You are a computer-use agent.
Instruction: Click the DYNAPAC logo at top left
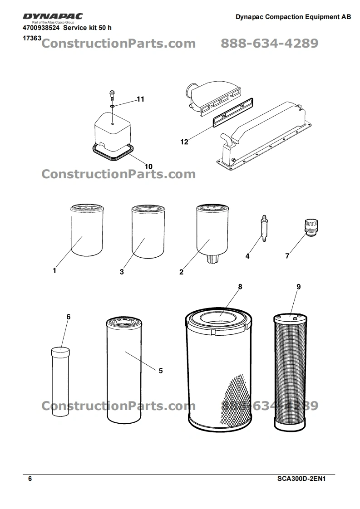[x=53, y=16]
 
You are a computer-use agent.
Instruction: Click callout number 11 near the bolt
[x=140, y=99]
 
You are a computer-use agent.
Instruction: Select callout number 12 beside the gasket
[x=184, y=142]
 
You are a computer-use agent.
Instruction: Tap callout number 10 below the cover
[x=148, y=166]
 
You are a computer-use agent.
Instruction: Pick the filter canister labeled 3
[x=148, y=231]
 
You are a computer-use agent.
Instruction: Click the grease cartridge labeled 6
[x=60, y=382]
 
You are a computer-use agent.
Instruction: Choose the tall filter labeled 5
[x=124, y=371]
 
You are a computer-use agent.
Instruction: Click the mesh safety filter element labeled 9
[x=290, y=372]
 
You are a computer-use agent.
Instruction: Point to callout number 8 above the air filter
[x=240, y=287]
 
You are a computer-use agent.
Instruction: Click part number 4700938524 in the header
[x=41, y=28]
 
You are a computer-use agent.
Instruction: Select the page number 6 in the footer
[x=30, y=479]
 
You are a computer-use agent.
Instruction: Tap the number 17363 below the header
[x=32, y=38]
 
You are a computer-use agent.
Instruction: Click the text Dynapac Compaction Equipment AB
[x=293, y=17]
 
